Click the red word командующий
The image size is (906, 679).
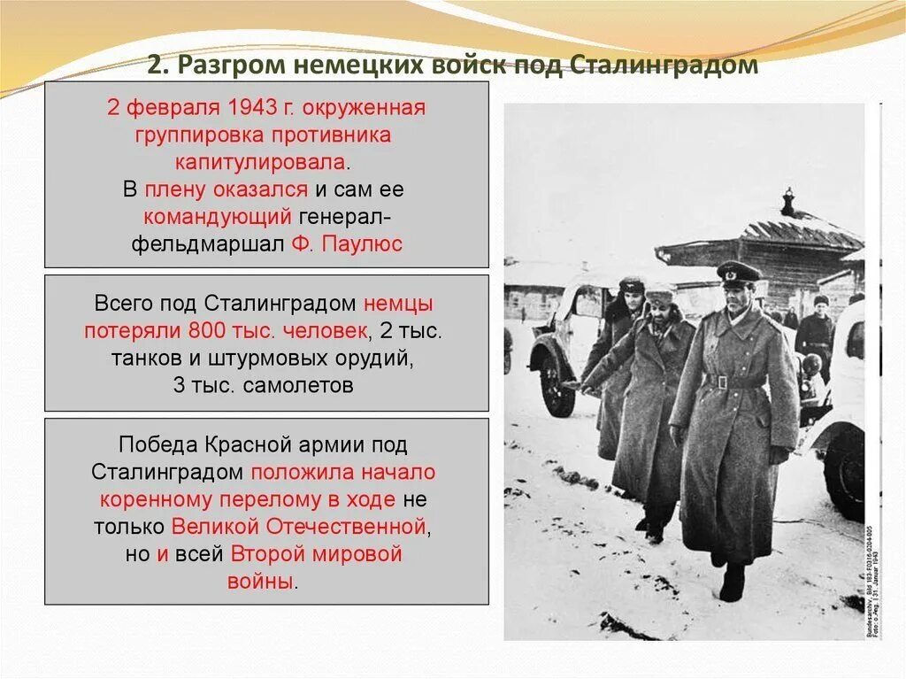[217, 217]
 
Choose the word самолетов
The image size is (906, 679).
[299, 386]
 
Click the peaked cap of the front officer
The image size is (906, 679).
[738, 271]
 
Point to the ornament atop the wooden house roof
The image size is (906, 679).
[787, 201]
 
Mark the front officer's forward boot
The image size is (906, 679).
[732, 583]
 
